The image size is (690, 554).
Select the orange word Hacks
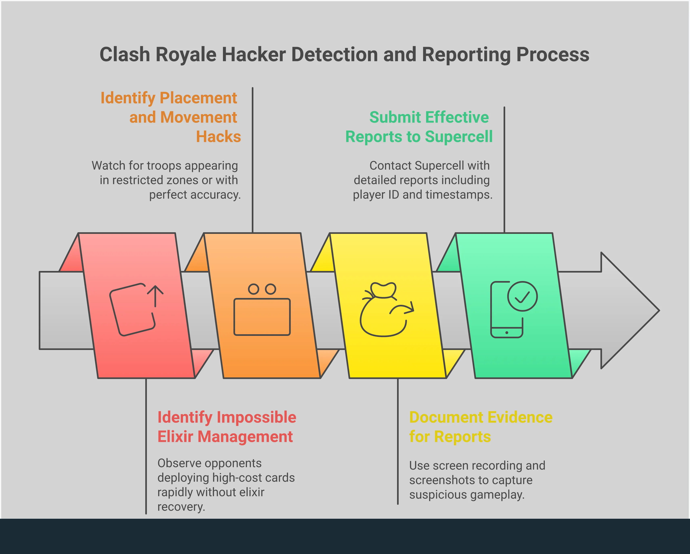[x=218, y=136]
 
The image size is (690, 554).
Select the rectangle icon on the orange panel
[x=262, y=317]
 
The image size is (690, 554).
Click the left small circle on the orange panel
[x=253, y=289]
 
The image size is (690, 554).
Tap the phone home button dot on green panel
[x=507, y=333]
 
